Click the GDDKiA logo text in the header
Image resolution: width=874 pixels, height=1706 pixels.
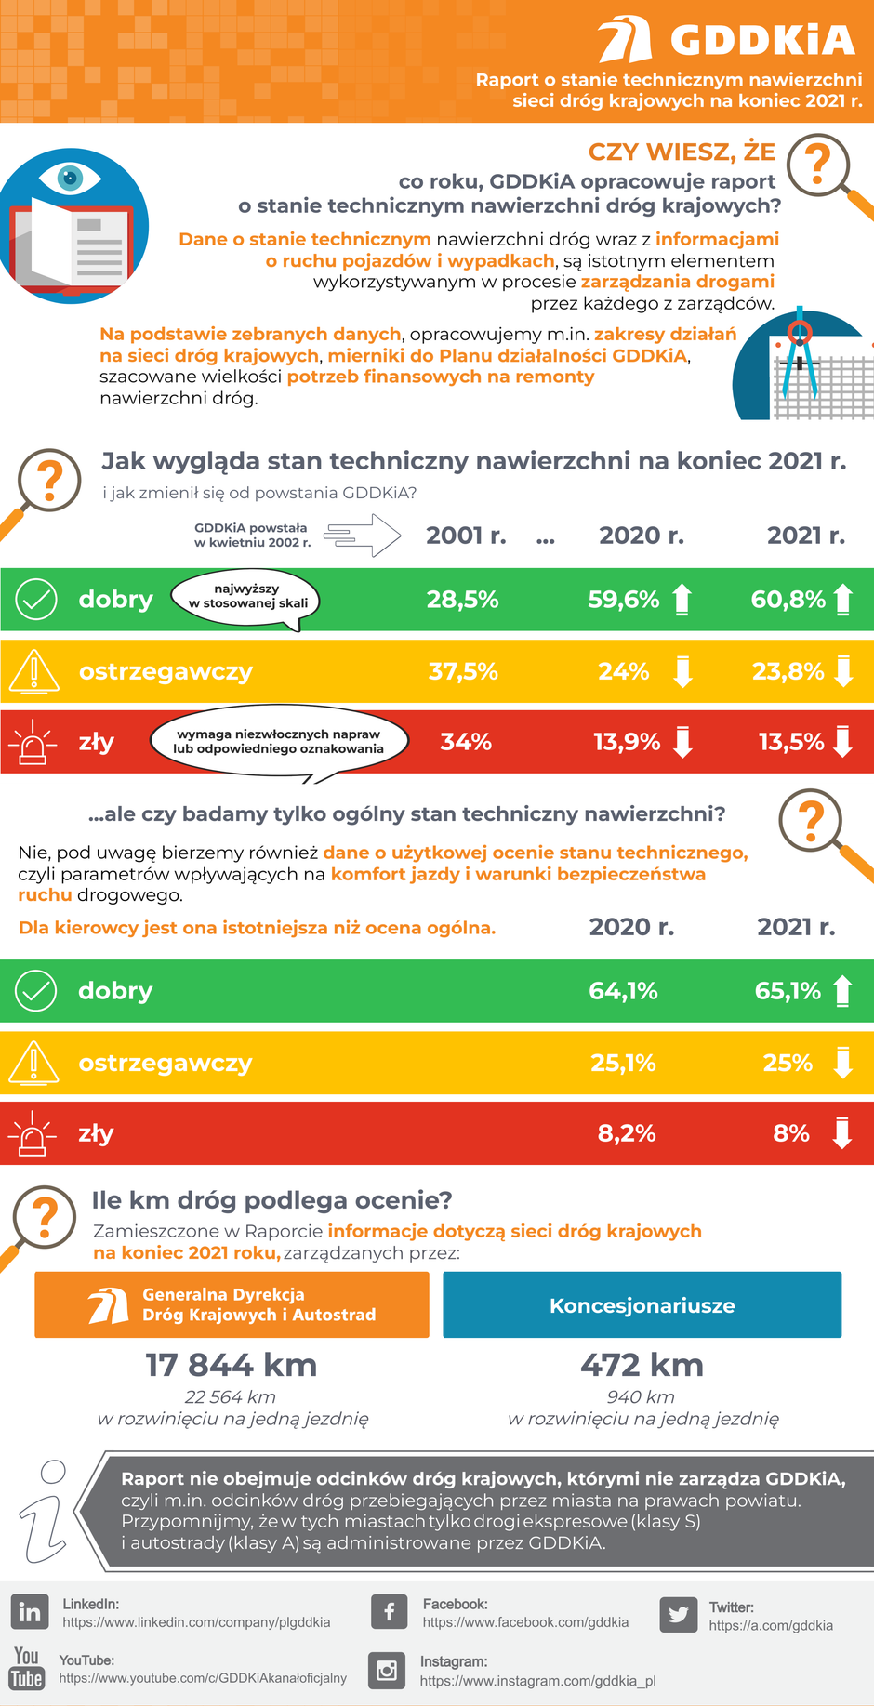(x=761, y=40)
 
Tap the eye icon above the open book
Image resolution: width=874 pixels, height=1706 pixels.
(x=71, y=177)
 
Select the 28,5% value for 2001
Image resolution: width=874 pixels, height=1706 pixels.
(x=462, y=600)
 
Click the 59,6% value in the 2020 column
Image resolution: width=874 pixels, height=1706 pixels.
(x=623, y=600)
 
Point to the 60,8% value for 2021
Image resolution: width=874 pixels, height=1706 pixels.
(x=788, y=600)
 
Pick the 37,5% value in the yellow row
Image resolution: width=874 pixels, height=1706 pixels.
(x=463, y=671)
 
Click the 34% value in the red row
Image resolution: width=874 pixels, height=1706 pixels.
(x=466, y=742)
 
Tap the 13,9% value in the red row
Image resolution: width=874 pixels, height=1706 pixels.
(x=627, y=742)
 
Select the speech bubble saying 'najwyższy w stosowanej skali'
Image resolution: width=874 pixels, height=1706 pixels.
(x=247, y=597)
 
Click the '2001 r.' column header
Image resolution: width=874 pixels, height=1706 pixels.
(x=466, y=536)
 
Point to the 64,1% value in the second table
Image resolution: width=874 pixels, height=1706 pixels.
(x=623, y=991)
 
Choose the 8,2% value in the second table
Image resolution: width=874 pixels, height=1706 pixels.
(x=626, y=1133)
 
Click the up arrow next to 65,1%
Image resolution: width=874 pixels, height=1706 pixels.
(x=842, y=991)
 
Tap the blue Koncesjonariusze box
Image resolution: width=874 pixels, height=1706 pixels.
(x=642, y=1305)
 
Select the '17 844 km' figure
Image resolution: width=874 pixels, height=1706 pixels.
(x=232, y=1365)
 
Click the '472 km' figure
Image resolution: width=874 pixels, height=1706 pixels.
(x=642, y=1365)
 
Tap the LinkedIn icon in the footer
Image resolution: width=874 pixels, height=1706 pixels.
(x=30, y=1612)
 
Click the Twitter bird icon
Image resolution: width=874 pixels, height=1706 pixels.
(x=678, y=1615)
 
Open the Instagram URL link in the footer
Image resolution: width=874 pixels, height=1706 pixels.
(x=537, y=1681)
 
